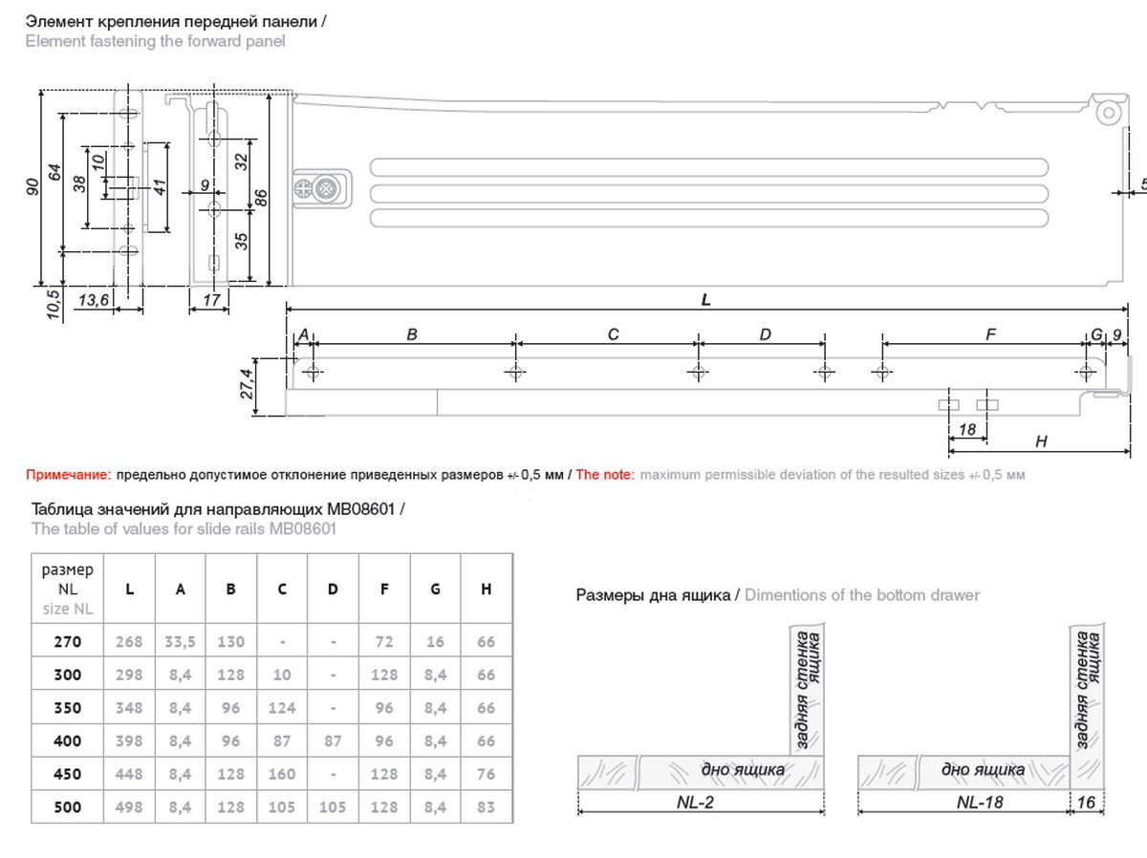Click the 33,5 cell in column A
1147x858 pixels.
[180, 642]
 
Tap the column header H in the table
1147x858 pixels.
[486, 590]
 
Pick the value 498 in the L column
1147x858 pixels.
[129, 807]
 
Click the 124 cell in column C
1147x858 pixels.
[282, 708]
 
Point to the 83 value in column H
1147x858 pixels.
[486, 807]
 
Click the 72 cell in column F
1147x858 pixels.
[384, 642]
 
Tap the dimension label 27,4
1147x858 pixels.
[247, 384]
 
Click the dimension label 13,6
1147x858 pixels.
[93, 301]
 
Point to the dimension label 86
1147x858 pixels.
[260, 196]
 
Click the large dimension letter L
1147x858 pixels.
[705, 300]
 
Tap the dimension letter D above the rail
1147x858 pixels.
[765, 334]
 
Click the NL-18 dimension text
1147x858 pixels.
[980, 803]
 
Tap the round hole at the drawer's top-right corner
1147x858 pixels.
[1110, 112]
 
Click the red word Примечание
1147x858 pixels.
[68, 475]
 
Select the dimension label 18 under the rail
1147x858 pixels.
[966, 430]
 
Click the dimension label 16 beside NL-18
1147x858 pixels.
[1086, 803]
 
